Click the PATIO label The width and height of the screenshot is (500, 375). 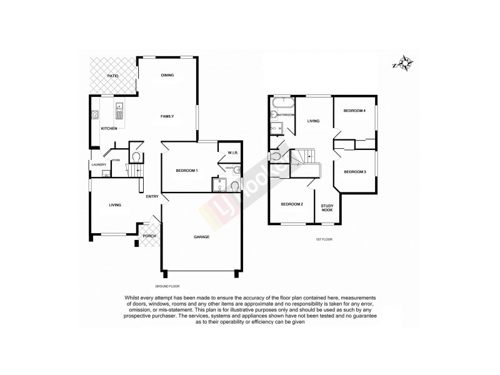(112, 76)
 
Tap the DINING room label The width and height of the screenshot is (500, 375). (167, 76)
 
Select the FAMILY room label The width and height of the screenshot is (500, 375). (167, 116)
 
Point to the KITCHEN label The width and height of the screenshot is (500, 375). (109, 129)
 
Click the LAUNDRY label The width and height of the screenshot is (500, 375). (99, 164)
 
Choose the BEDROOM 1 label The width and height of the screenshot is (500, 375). (186, 171)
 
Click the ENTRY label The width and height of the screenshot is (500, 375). (152, 197)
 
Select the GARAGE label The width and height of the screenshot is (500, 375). (201, 237)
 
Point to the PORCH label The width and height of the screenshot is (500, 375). (149, 236)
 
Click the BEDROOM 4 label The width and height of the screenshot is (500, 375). (354, 111)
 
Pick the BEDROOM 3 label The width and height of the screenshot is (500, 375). (354, 171)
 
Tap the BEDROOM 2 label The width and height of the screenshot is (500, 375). (291, 204)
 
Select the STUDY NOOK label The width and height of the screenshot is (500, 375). (327, 208)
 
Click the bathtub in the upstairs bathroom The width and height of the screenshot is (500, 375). (282, 101)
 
